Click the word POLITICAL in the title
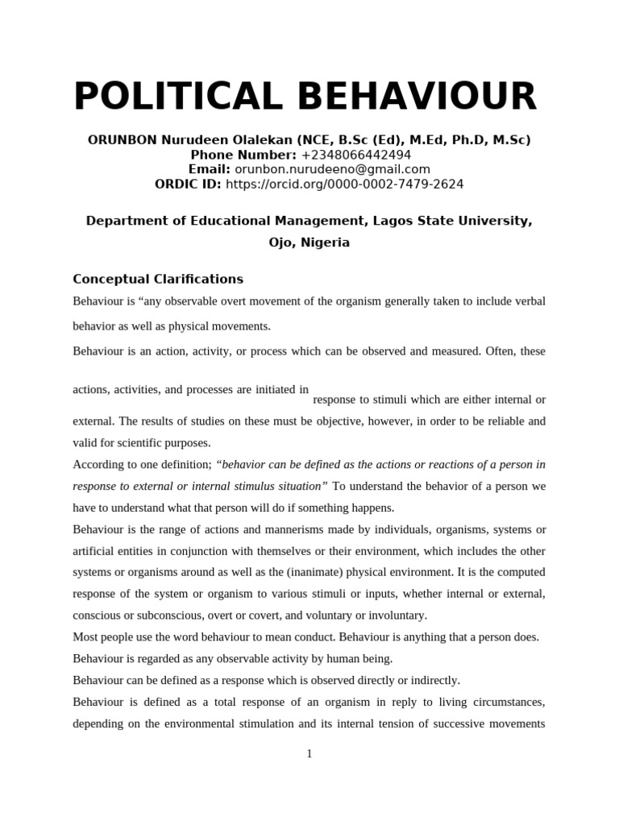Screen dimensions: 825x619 pos(180,97)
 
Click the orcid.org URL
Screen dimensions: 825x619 pos(344,184)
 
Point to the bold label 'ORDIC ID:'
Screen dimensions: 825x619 pos(188,184)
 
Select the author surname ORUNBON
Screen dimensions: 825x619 pos(122,140)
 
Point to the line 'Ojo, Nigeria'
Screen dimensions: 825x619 pos(309,243)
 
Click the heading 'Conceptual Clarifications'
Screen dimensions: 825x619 pos(158,280)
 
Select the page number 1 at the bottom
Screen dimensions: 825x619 pos(309,754)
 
